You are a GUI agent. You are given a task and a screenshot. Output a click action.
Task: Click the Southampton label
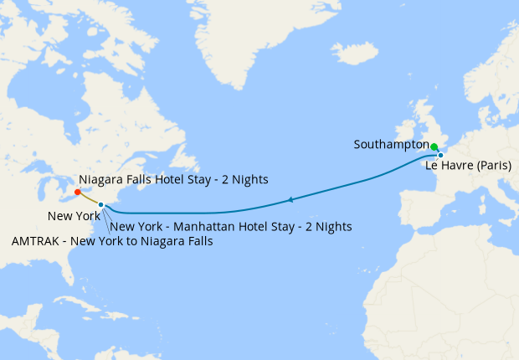390,144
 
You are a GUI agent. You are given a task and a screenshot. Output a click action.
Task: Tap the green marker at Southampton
434,147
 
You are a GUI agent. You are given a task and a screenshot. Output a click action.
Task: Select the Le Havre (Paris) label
468,165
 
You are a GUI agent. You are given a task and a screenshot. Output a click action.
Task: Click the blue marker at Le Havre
440,155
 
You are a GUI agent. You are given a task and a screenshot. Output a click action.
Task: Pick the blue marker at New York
100,204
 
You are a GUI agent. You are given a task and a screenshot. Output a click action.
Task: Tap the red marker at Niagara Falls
78,193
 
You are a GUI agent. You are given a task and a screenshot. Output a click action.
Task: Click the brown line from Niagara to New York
90,198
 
